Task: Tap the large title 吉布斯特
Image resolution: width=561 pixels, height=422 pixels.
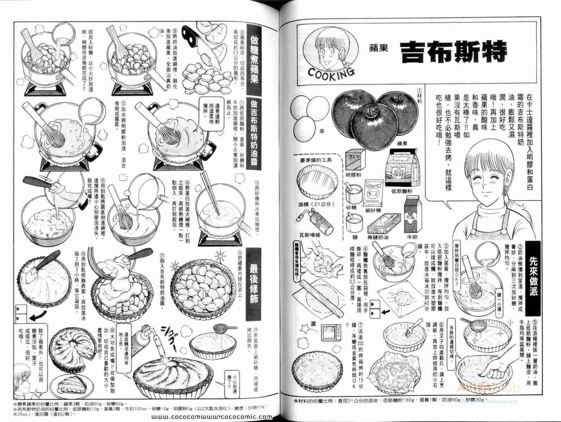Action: (x=453, y=52)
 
